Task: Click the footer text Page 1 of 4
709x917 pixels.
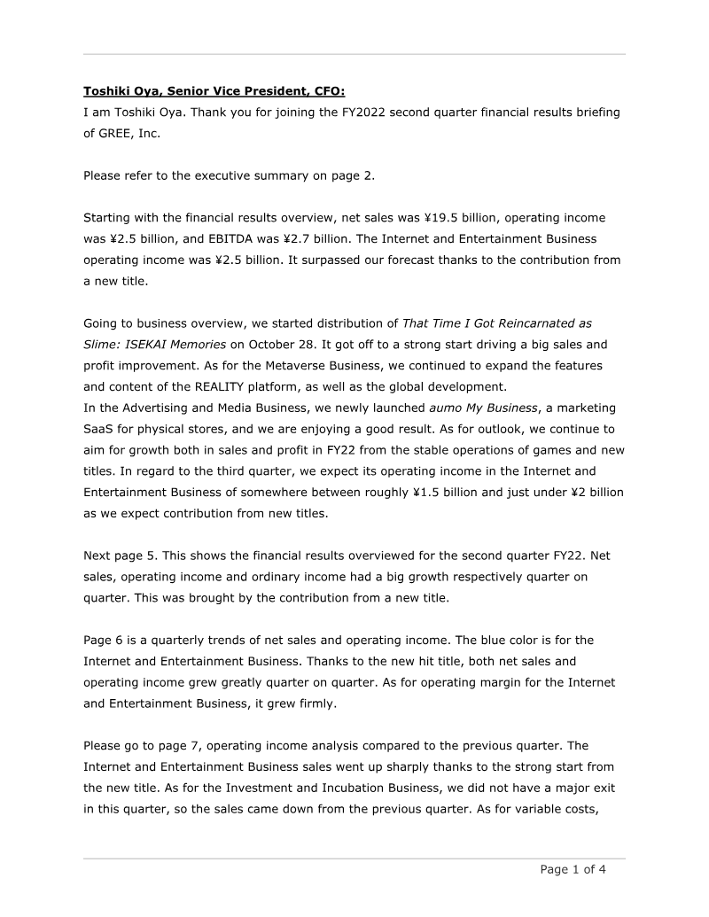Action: (x=573, y=869)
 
